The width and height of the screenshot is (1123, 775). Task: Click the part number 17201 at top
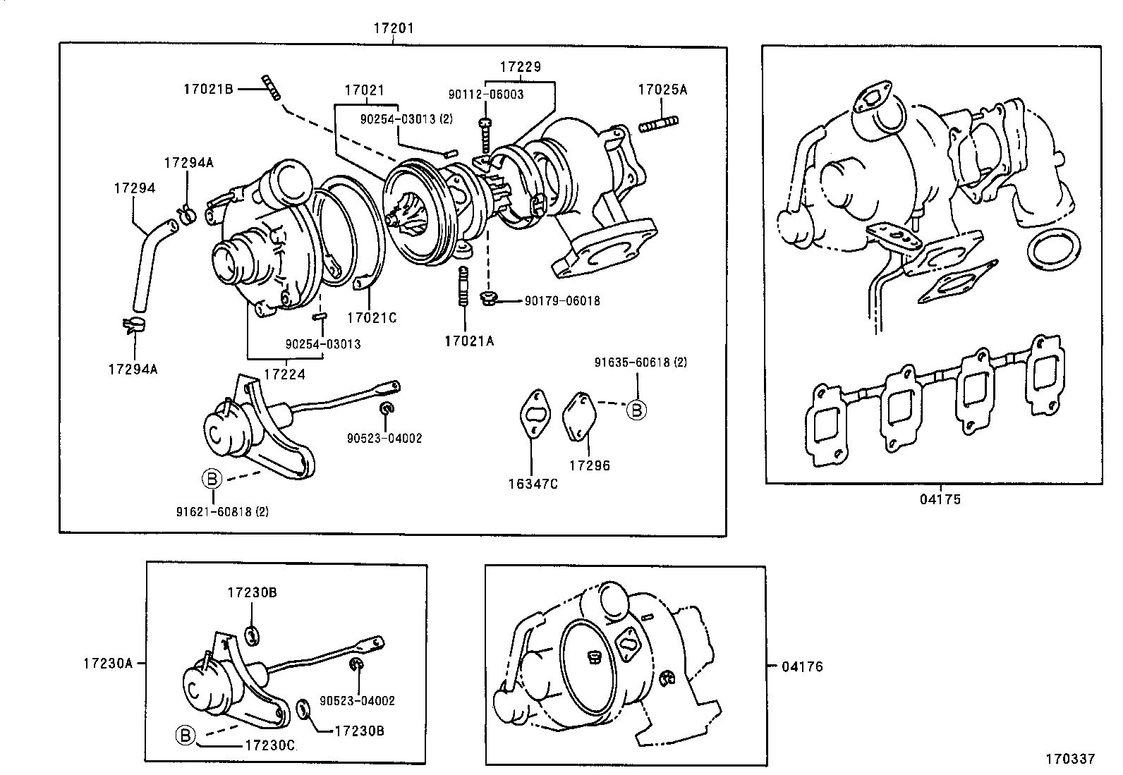(x=393, y=28)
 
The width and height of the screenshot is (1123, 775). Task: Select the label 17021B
(x=208, y=89)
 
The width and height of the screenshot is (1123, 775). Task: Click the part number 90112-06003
(x=486, y=94)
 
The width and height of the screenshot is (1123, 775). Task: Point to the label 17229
(x=520, y=67)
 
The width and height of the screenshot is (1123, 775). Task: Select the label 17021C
(x=371, y=318)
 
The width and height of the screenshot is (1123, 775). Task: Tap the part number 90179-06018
(x=562, y=301)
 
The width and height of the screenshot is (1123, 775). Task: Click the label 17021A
(x=469, y=341)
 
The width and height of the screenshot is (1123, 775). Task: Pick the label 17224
(x=286, y=374)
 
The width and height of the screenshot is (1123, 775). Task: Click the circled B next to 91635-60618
(x=636, y=410)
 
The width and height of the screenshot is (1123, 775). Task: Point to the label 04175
(x=940, y=499)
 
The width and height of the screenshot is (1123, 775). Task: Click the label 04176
(x=802, y=666)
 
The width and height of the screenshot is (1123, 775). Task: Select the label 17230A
(x=107, y=663)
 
